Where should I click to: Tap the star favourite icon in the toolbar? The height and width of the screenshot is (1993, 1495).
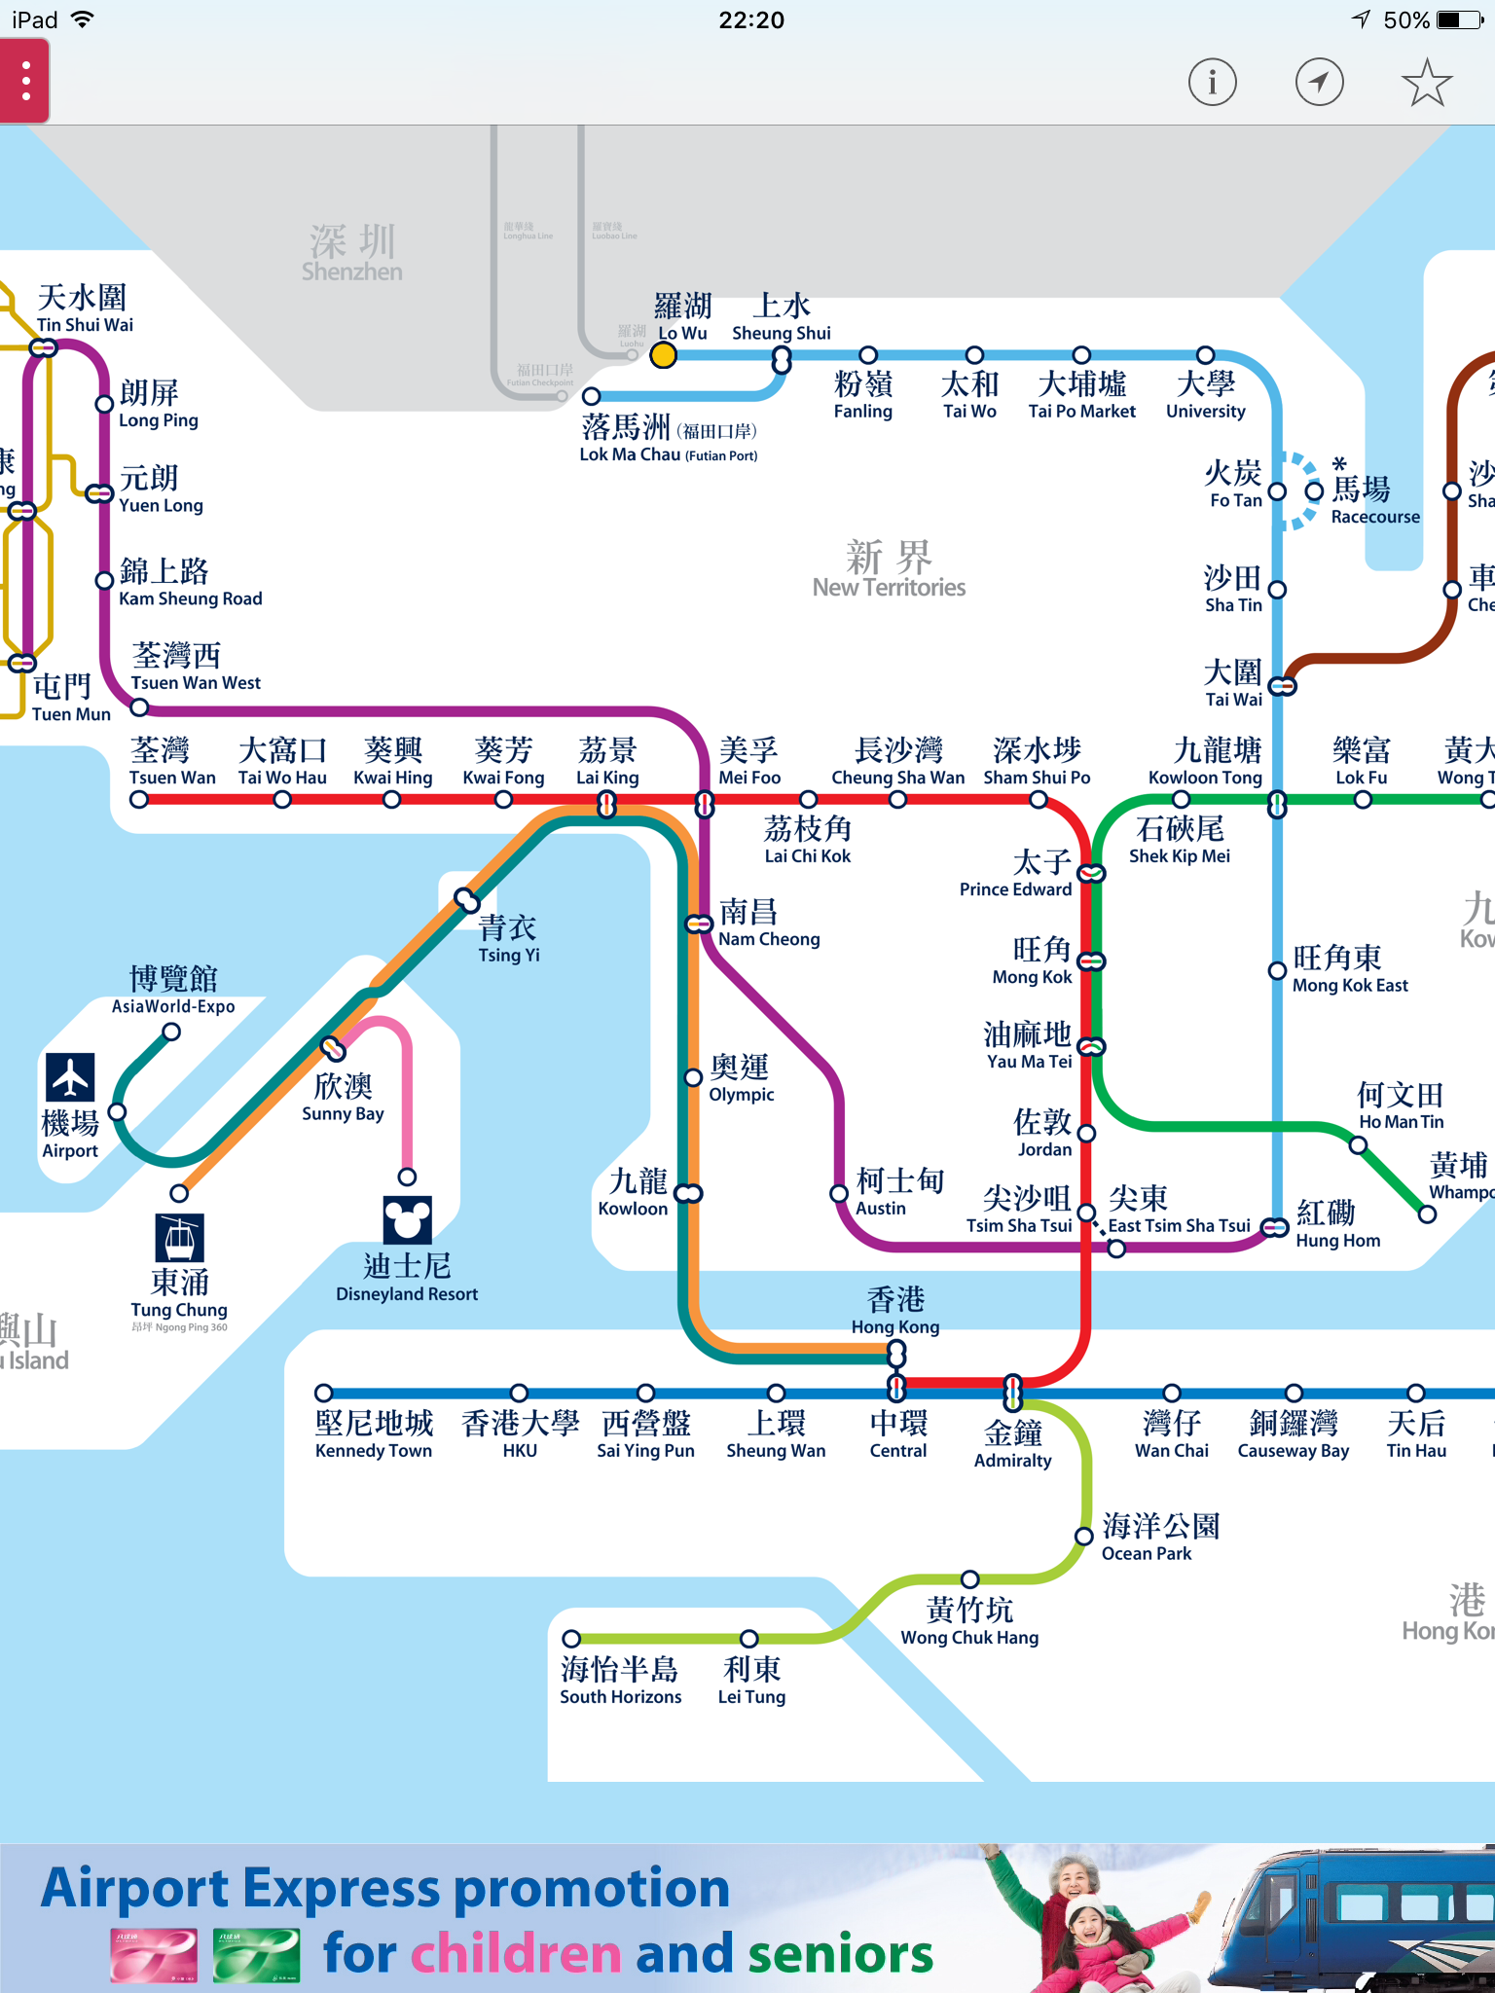[1426, 83]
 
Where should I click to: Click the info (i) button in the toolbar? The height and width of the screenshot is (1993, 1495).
[1212, 83]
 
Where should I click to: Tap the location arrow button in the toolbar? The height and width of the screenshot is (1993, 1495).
[1319, 83]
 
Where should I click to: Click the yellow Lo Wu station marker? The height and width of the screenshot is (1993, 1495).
[663, 355]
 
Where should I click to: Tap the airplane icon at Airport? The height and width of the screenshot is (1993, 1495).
[70, 1077]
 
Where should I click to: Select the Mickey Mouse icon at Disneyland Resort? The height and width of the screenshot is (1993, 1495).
[407, 1218]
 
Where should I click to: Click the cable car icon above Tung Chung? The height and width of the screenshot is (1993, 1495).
[179, 1238]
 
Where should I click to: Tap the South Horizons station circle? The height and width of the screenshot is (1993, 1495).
[572, 1639]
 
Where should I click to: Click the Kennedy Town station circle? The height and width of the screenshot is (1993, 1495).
[324, 1393]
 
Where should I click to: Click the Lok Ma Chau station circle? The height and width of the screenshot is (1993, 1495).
[591, 396]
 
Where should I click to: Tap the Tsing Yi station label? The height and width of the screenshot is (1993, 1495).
[508, 939]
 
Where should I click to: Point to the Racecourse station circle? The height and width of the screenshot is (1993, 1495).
[1314, 491]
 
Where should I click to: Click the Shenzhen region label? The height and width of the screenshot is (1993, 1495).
[351, 253]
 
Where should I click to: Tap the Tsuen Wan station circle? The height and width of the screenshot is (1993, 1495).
[139, 800]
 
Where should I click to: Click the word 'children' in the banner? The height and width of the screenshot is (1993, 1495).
[516, 1954]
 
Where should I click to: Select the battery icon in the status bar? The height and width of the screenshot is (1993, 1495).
[1462, 19]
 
